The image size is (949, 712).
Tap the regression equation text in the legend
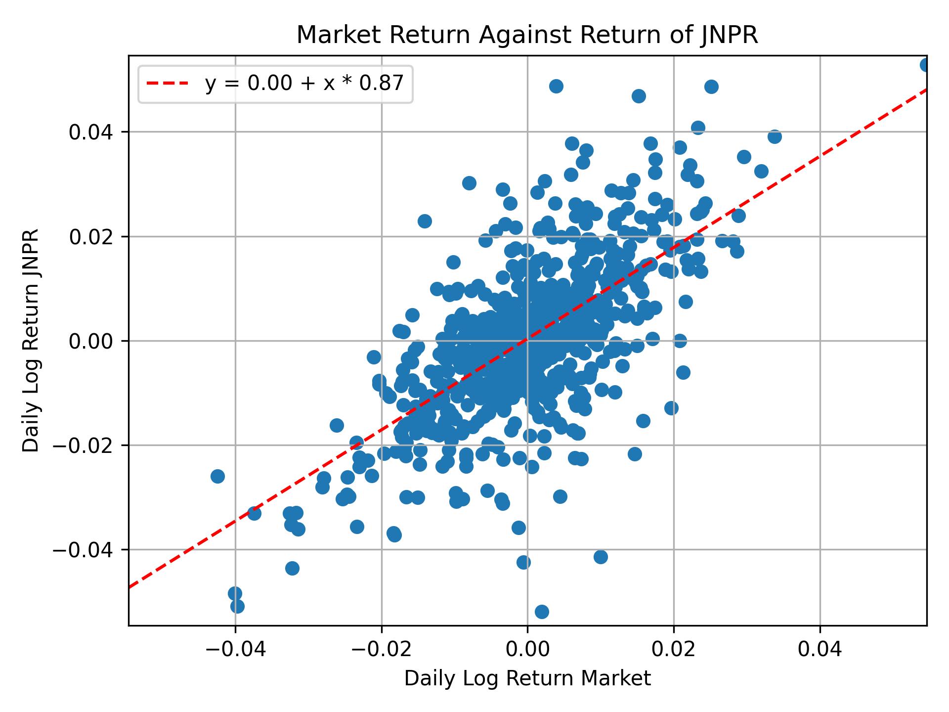[x=304, y=84]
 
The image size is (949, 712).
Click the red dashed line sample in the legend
[x=168, y=84]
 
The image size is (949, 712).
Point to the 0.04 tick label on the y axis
[x=89, y=132]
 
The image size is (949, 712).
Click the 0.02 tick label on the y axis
[x=89, y=237]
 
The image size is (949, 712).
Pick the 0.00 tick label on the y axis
[x=89, y=341]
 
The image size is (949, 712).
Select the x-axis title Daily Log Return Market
[x=527, y=679]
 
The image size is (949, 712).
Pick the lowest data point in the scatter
[x=542, y=612]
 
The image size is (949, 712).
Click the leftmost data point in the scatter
[x=217, y=476]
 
